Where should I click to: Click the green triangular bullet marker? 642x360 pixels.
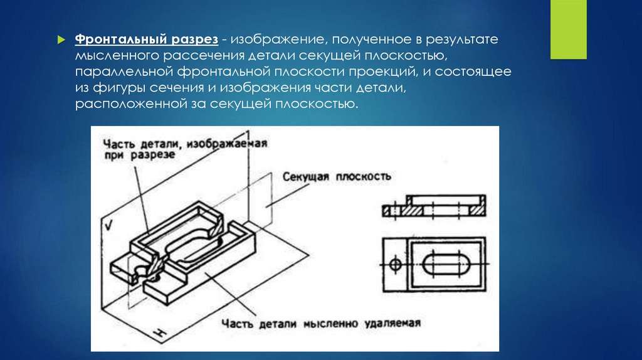click(61, 40)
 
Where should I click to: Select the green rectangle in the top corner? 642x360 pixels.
click(567, 29)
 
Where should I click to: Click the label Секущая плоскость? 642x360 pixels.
click(337, 177)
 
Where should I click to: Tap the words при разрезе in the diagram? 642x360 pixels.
click(139, 157)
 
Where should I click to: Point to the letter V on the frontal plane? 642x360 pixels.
click(109, 225)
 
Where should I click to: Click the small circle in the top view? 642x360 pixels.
click(394, 265)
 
